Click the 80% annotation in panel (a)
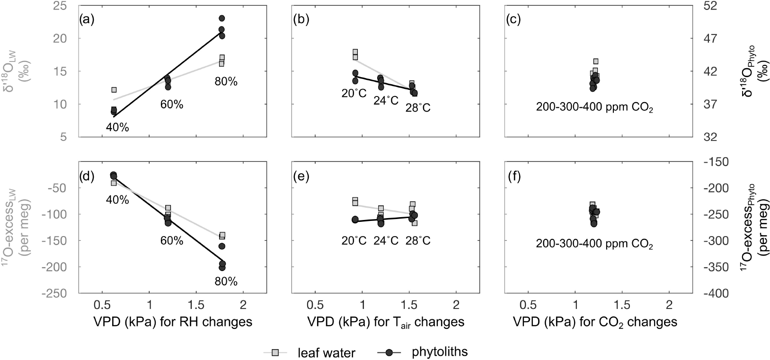pos(225,81)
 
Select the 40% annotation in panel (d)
pos(117,200)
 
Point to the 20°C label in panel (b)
pos(354,93)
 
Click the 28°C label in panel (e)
pos(418,241)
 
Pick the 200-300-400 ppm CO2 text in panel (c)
pos(594,107)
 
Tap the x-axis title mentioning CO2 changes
pos(595,322)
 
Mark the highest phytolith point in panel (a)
pos(221,18)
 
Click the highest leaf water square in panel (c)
pos(596,61)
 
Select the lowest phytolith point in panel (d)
pos(221,268)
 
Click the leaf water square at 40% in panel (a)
pos(114,90)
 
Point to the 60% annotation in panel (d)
pos(171,241)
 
